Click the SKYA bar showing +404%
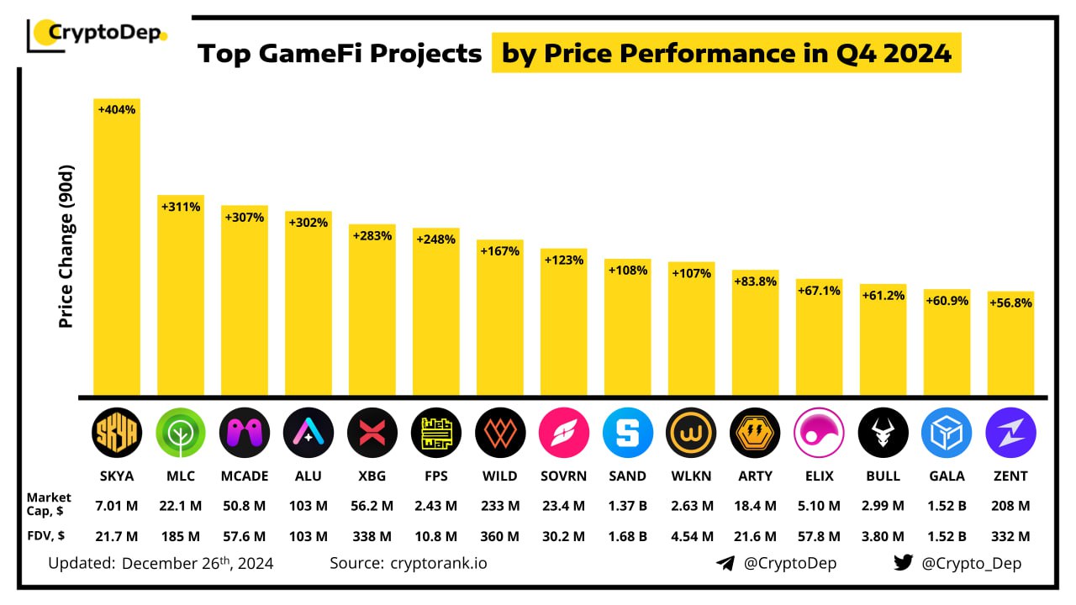point(117,252)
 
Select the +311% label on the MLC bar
point(181,206)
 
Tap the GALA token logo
point(947,434)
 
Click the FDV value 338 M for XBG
point(372,536)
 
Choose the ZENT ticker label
point(1010,476)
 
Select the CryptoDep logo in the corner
point(98,34)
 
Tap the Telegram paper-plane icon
point(725,563)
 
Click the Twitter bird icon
point(903,563)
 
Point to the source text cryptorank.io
point(438,563)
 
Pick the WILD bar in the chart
point(500,319)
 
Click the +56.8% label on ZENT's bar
point(1010,303)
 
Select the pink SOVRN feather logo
point(564,434)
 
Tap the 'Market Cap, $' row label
point(49,505)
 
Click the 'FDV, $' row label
point(46,536)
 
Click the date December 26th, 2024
point(198,563)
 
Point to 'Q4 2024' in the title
point(905,54)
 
